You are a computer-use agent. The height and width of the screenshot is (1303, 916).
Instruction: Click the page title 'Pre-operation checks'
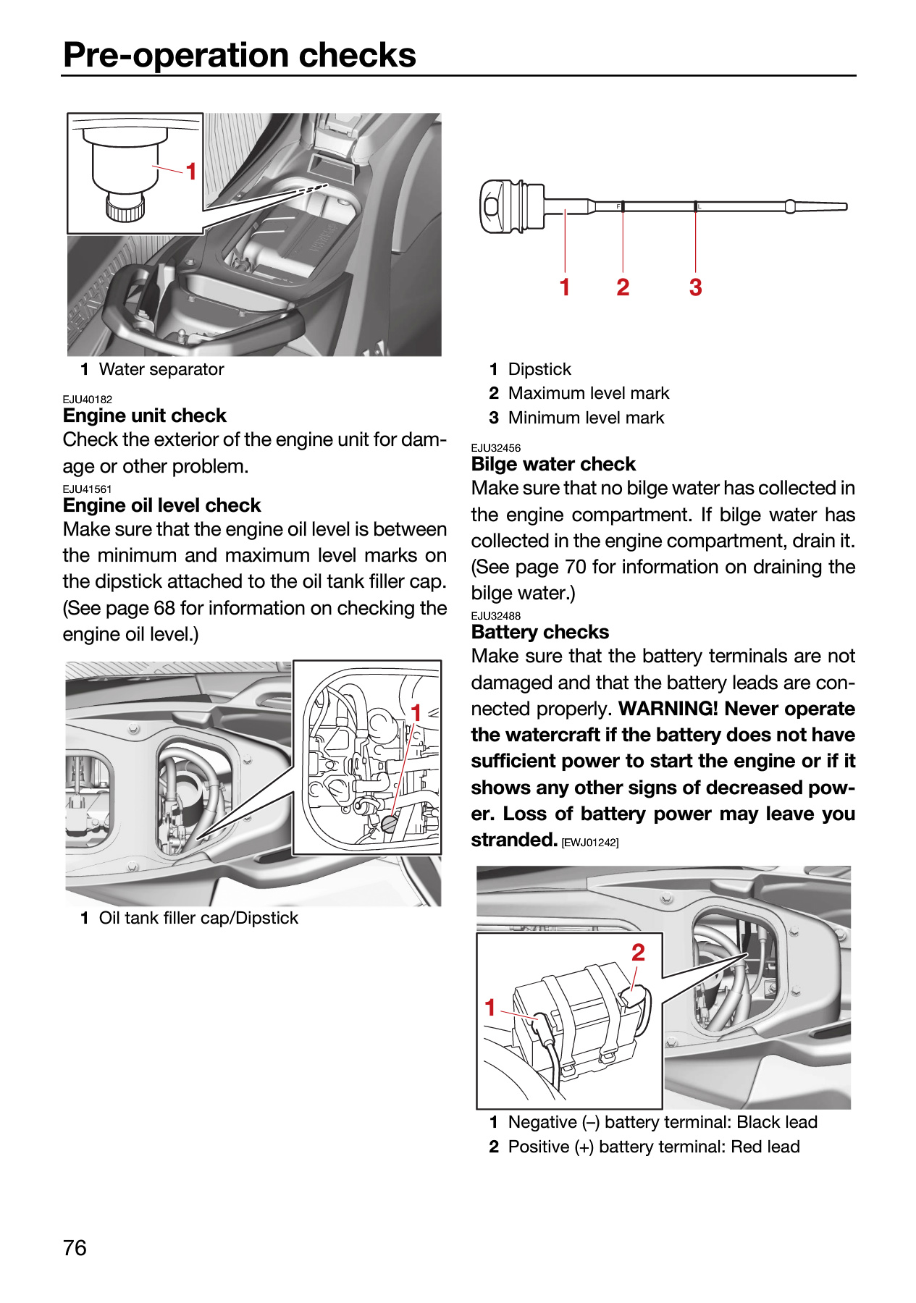(x=240, y=55)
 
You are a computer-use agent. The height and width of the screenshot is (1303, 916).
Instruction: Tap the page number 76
(x=75, y=1248)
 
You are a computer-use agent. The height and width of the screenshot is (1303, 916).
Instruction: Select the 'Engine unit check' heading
(x=145, y=416)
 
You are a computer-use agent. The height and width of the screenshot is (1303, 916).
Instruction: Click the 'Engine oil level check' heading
(x=161, y=505)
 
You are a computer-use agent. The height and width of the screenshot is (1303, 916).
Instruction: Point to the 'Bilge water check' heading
(x=553, y=464)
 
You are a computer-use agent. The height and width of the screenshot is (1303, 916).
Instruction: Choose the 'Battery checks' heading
(x=540, y=632)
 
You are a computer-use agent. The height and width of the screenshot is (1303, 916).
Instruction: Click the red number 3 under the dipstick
(x=695, y=287)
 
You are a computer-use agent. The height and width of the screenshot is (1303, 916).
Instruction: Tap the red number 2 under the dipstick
(x=623, y=287)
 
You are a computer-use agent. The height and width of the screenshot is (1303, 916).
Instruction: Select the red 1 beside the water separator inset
(x=191, y=172)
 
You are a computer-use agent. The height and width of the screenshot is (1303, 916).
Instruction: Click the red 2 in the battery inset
(x=638, y=953)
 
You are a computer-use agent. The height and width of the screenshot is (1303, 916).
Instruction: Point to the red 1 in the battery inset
(x=490, y=1008)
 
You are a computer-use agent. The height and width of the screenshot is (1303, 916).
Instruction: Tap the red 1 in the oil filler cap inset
(x=416, y=713)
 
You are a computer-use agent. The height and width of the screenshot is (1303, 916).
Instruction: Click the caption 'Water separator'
(x=161, y=369)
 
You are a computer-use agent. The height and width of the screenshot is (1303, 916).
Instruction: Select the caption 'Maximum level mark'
(x=589, y=393)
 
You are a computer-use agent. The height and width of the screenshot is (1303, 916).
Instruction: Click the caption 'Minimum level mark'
(x=586, y=418)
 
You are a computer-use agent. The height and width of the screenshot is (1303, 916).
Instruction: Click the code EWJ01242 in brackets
(x=590, y=842)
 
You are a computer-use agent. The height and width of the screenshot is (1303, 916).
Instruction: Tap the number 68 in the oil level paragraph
(x=164, y=608)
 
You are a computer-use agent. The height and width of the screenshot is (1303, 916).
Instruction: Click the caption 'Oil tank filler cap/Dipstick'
(x=198, y=918)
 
